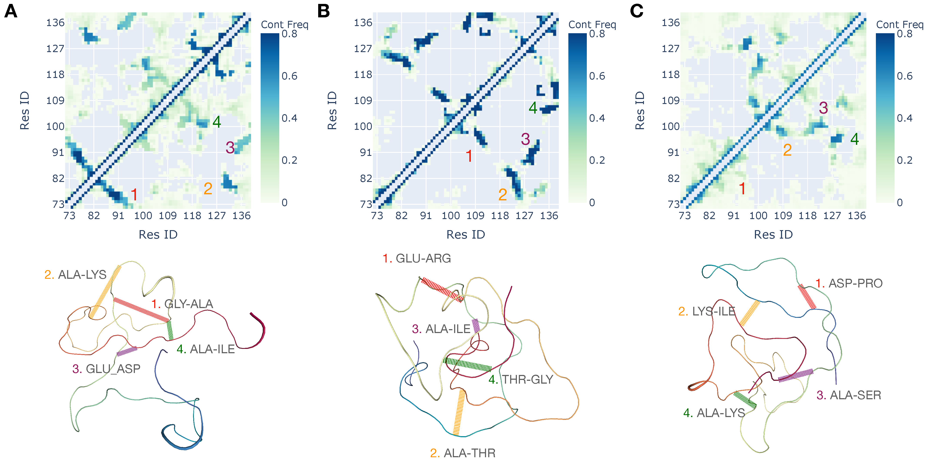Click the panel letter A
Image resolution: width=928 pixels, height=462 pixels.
pyautogui.click(x=11, y=11)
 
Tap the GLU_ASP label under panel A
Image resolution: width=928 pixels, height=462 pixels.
pyautogui.click(x=113, y=369)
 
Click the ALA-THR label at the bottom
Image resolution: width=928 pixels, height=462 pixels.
pyautogui.click(x=469, y=453)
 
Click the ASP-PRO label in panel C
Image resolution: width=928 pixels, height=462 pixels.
pyautogui.click(x=855, y=283)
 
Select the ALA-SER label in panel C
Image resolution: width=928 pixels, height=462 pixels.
pyautogui.click(x=855, y=395)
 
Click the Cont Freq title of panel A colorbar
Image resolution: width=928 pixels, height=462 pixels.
pyautogui.click(x=285, y=25)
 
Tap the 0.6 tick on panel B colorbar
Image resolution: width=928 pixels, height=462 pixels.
pyautogui.click(x=597, y=76)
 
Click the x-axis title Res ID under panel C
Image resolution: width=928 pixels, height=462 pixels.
pyautogui.click(x=773, y=234)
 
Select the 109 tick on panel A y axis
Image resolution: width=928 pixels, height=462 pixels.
pyautogui.click(x=55, y=101)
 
